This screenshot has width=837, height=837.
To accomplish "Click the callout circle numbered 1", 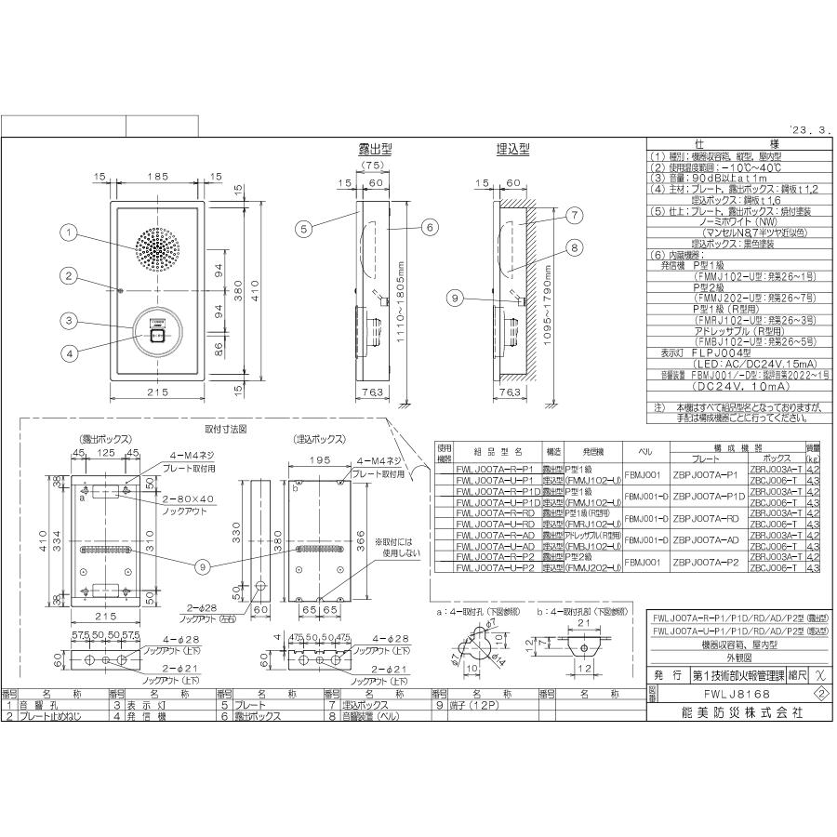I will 68,235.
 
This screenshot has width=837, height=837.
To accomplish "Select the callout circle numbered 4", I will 68,351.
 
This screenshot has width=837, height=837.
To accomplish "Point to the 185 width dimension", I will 156,176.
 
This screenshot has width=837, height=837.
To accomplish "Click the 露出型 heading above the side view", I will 376,149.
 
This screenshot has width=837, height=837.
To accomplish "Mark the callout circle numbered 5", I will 303,225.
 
